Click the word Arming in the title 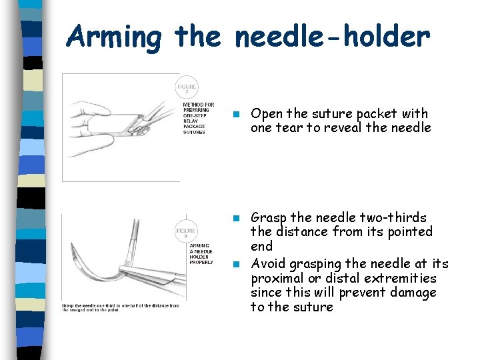(x=114, y=37)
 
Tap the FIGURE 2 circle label (x=187, y=88)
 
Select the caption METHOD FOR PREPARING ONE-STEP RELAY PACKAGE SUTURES (x=198, y=118)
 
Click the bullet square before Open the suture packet (x=236, y=114)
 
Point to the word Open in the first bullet (x=266, y=114)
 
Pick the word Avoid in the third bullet (x=267, y=264)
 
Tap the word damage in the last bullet (x=415, y=293)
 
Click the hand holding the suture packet (x=160, y=112)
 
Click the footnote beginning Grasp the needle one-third (x=121, y=308)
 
